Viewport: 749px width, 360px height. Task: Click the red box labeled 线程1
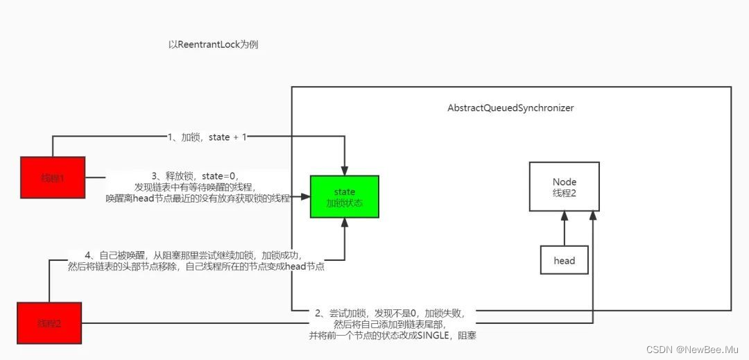[53, 178]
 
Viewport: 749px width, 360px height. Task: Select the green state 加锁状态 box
[344, 198]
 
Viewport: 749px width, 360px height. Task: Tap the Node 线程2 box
[564, 187]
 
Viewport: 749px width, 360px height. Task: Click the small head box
[564, 261]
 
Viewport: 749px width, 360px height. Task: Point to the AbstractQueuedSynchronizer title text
[510, 108]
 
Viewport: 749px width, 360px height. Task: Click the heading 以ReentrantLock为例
[214, 44]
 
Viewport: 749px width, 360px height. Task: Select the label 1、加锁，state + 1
[207, 137]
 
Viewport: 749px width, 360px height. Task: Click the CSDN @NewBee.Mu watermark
[694, 349]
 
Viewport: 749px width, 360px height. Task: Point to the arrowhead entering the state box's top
[345, 171]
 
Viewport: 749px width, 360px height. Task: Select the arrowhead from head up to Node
[564, 216]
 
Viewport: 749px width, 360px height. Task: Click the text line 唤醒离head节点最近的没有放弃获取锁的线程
[198, 198]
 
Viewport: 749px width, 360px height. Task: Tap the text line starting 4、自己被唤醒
[194, 255]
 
